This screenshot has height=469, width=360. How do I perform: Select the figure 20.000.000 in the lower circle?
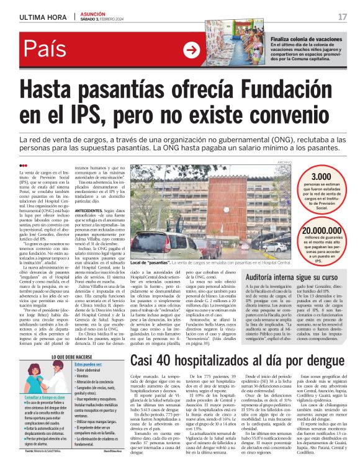[317, 231]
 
